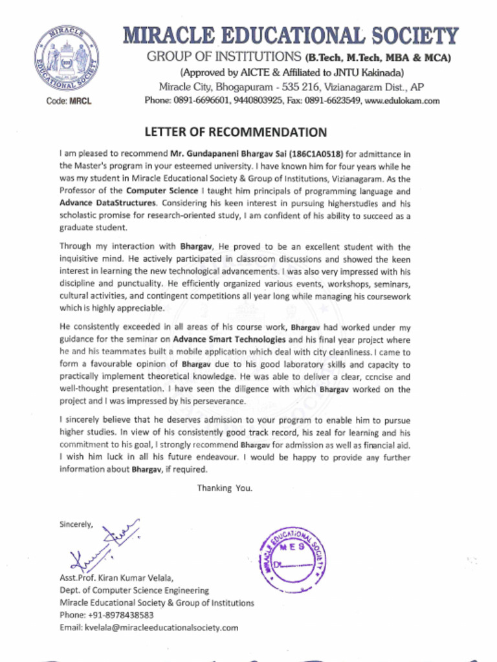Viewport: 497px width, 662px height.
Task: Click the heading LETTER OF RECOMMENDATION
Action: (236, 133)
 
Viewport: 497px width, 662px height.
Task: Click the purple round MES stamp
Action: (292, 560)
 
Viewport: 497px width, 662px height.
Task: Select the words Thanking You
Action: (225, 488)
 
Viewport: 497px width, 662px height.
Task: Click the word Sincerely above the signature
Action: (76, 524)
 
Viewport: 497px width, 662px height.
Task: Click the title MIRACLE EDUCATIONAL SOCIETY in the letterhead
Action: (290, 36)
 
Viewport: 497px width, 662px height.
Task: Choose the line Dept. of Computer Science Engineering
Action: (134, 590)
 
